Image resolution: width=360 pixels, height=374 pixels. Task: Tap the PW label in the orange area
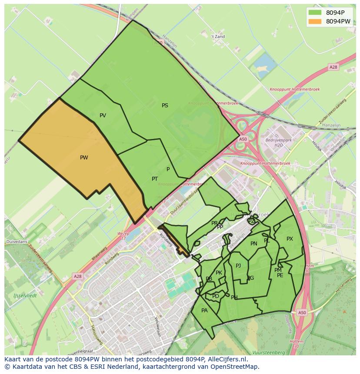pos(84,158)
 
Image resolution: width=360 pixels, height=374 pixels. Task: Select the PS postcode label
pos(165,106)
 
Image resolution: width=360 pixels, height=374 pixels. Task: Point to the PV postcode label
pos(103,116)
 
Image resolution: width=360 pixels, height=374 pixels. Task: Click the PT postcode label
pos(155,179)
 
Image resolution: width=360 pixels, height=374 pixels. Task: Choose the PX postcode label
pos(290,239)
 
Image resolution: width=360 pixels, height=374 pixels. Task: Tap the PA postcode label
pos(204,311)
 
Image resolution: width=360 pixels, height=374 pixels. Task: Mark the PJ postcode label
pos(238,266)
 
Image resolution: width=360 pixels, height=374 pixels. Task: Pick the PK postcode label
pos(219,273)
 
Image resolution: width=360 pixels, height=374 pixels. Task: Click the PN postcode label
pos(254,244)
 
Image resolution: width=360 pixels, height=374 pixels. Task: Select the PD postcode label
pos(216,296)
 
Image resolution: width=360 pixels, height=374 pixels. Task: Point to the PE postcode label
pos(280,275)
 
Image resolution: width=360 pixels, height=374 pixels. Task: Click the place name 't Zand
pos(218,37)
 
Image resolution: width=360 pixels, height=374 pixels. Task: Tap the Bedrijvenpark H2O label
pos(278,143)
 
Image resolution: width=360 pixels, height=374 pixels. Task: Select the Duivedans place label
pos(16,241)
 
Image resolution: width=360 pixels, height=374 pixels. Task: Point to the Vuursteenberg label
pos(269,352)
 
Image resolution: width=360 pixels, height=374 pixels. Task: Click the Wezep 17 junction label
pos(124,236)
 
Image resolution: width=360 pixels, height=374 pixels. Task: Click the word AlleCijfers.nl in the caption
pos(227,360)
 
